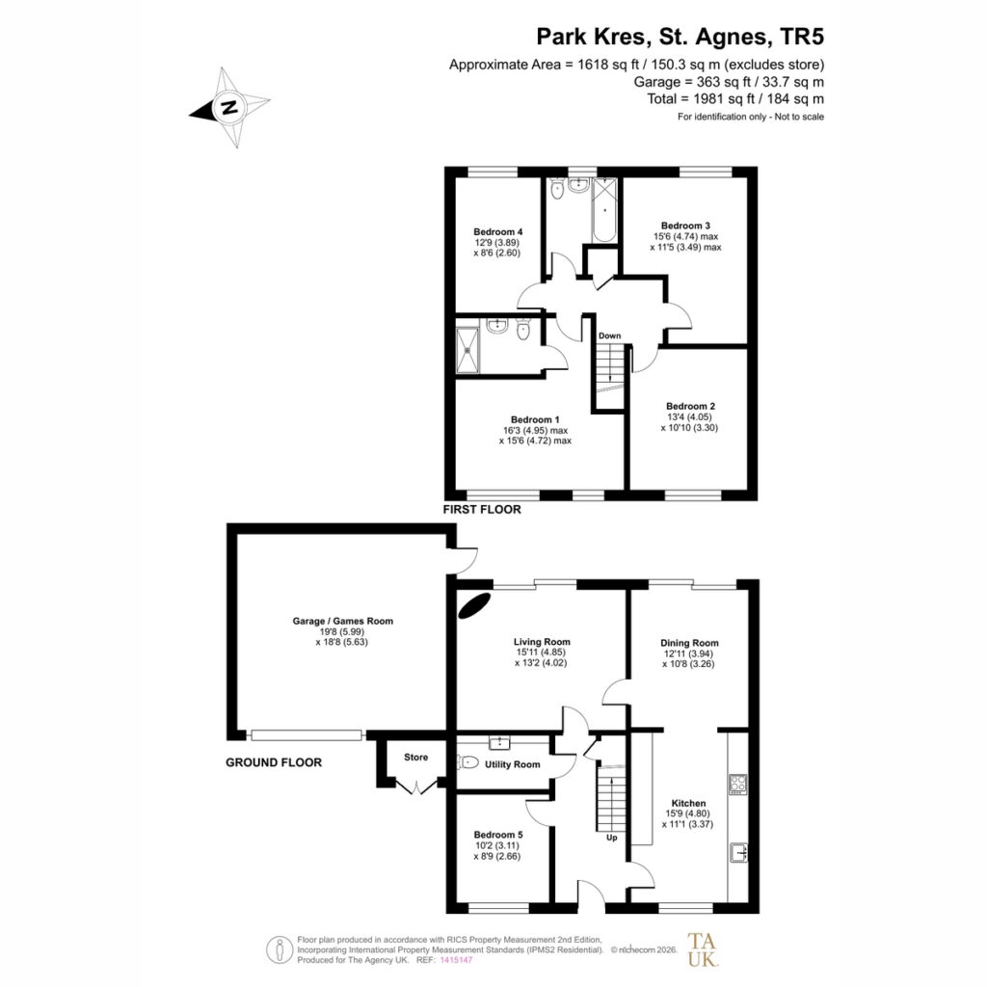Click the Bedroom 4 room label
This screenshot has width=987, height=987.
[x=498, y=231]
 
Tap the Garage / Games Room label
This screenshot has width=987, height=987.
[x=342, y=621]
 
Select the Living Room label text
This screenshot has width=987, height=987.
[x=542, y=642]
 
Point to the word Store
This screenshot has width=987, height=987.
[x=415, y=758]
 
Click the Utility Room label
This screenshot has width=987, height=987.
[x=513, y=764]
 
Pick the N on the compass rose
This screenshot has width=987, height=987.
[x=229, y=107]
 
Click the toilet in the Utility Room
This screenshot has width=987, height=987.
[x=469, y=763]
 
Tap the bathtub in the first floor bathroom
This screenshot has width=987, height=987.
[x=604, y=209]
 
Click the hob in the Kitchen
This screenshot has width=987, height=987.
[x=737, y=785]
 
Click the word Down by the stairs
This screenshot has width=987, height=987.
[x=609, y=335]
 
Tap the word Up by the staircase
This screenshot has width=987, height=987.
[x=612, y=838]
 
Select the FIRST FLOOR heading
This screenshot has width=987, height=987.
[x=482, y=510]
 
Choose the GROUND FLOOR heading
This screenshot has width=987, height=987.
[x=274, y=762]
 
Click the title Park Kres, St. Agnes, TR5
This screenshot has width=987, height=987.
[x=680, y=37]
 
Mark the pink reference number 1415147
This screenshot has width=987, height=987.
[x=456, y=960]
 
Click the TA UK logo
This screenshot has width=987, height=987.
[x=702, y=949]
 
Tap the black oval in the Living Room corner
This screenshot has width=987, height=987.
[x=475, y=605]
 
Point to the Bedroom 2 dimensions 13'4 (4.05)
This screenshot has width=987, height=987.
[x=689, y=416]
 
